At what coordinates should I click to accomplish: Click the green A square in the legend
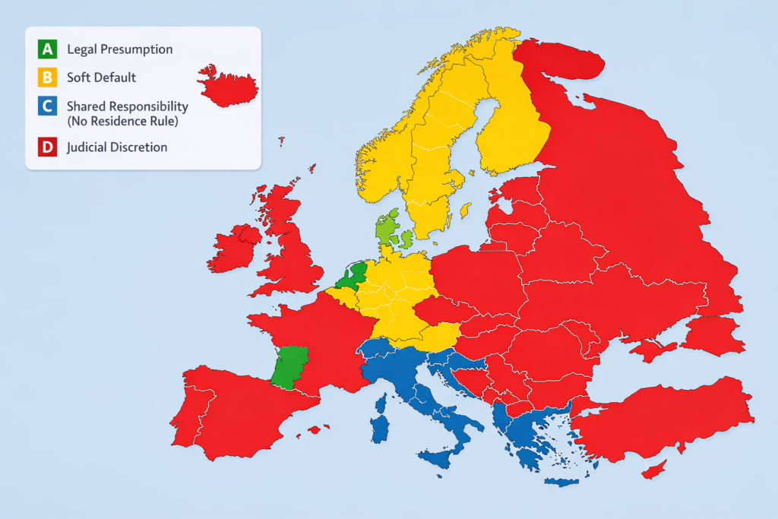pyautogui.click(x=47, y=49)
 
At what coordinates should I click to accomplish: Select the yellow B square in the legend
pyautogui.click(x=47, y=78)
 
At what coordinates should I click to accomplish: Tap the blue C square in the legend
pyautogui.click(x=47, y=106)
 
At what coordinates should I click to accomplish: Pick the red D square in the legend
pyautogui.click(x=47, y=147)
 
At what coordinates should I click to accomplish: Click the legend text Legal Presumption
pyautogui.click(x=119, y=49)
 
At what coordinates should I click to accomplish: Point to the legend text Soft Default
pyautogui.click(x=101, y=78)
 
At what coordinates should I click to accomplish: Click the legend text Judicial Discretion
pyautogui.click(x=117, y=147)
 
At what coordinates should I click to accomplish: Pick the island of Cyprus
pyautogui.click(x=654, y=470)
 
